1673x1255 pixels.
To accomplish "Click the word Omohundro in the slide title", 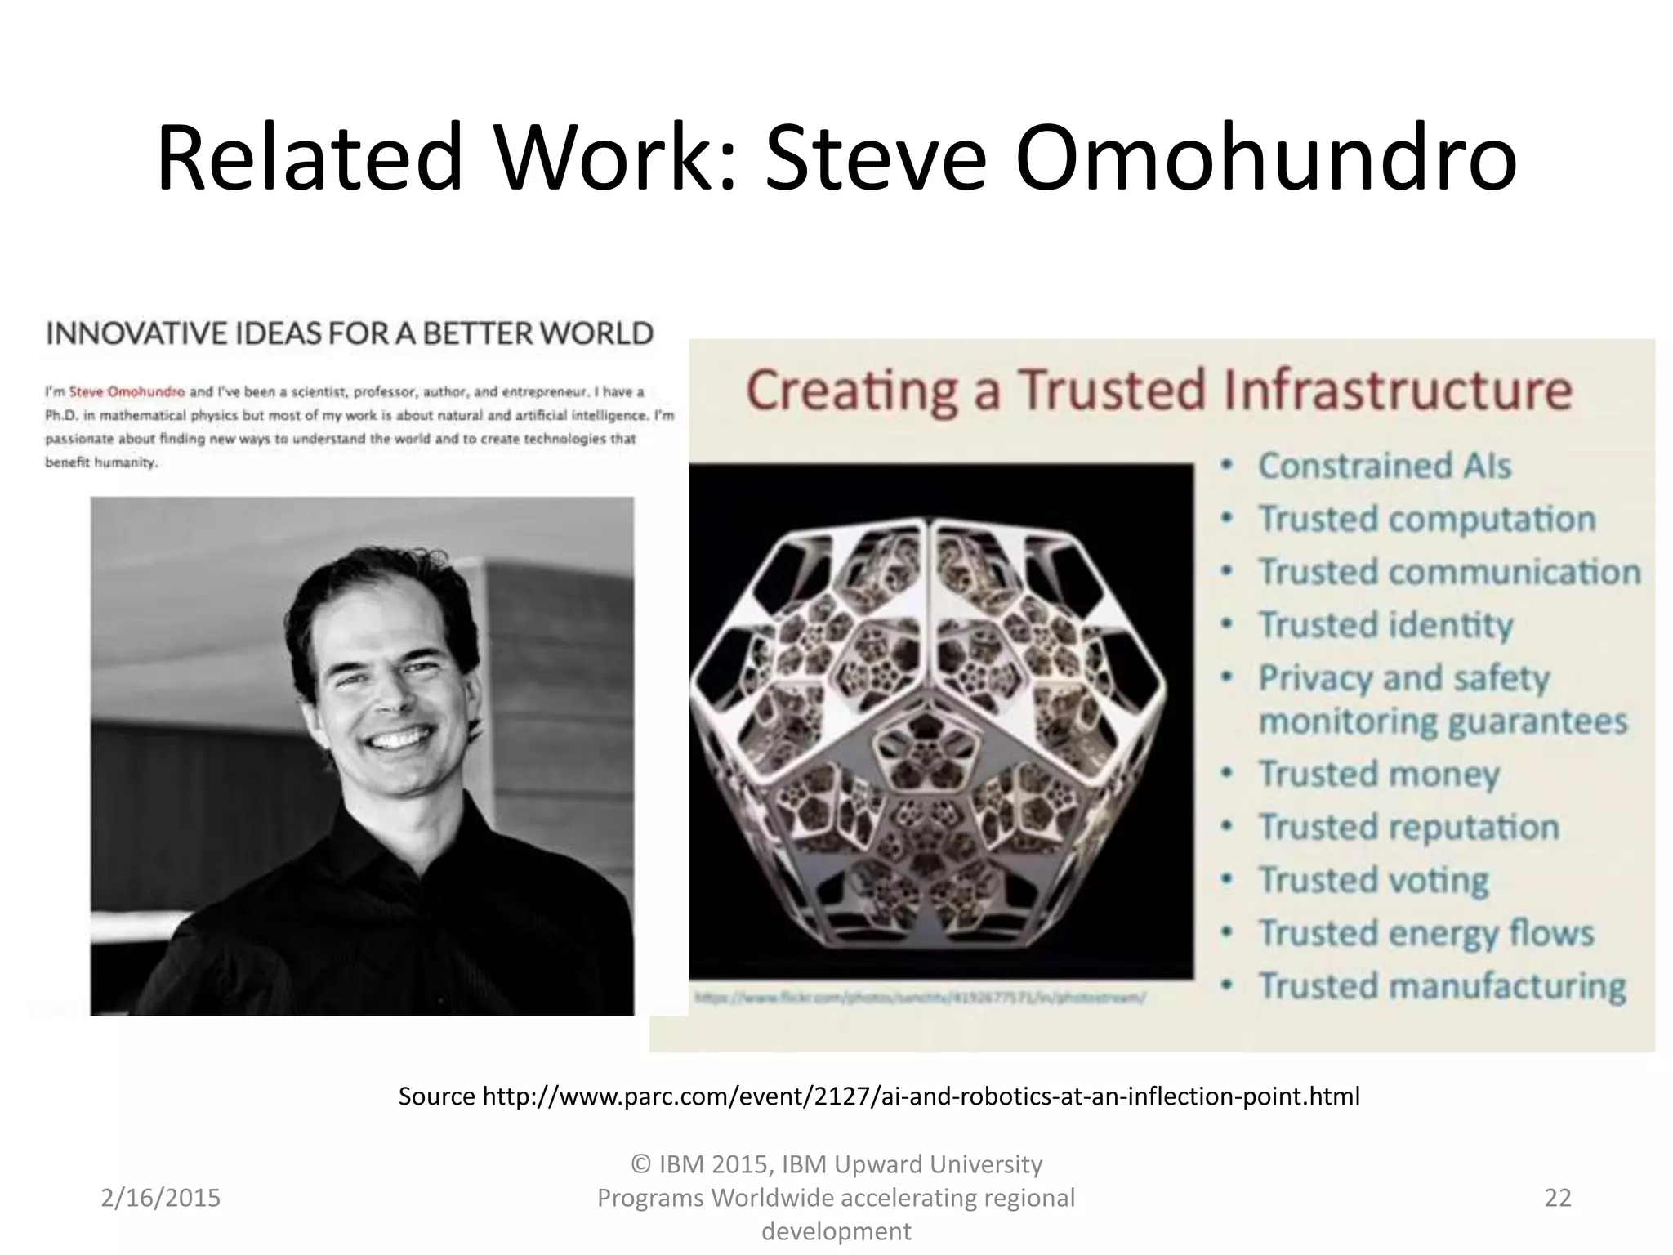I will [1265, 157].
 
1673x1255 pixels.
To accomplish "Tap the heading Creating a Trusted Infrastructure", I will [1158, 390].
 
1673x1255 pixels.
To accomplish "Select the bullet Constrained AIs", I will [1384, 466].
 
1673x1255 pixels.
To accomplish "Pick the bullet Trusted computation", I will [1426, 519].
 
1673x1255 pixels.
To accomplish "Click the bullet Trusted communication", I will [1448, 572].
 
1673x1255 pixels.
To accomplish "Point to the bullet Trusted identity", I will [1385, 625].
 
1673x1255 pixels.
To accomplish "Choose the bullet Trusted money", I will [1379, 774].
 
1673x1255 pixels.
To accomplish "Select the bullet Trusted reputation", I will [1408, 827].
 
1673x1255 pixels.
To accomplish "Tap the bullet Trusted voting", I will [1373, 880].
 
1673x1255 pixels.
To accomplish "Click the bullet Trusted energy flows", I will [1425, 933].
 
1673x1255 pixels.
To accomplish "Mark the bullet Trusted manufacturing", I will [1442, 986].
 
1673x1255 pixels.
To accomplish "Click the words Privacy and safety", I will [1403, 678].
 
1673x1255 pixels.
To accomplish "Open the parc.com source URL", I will [921, 1096].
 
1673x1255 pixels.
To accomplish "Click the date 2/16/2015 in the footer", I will [161, 1198].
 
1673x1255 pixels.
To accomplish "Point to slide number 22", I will [1558, 1198].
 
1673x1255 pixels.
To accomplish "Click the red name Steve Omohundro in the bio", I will [127, 391].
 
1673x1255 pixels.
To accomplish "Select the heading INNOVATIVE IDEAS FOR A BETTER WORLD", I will [350, 333].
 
